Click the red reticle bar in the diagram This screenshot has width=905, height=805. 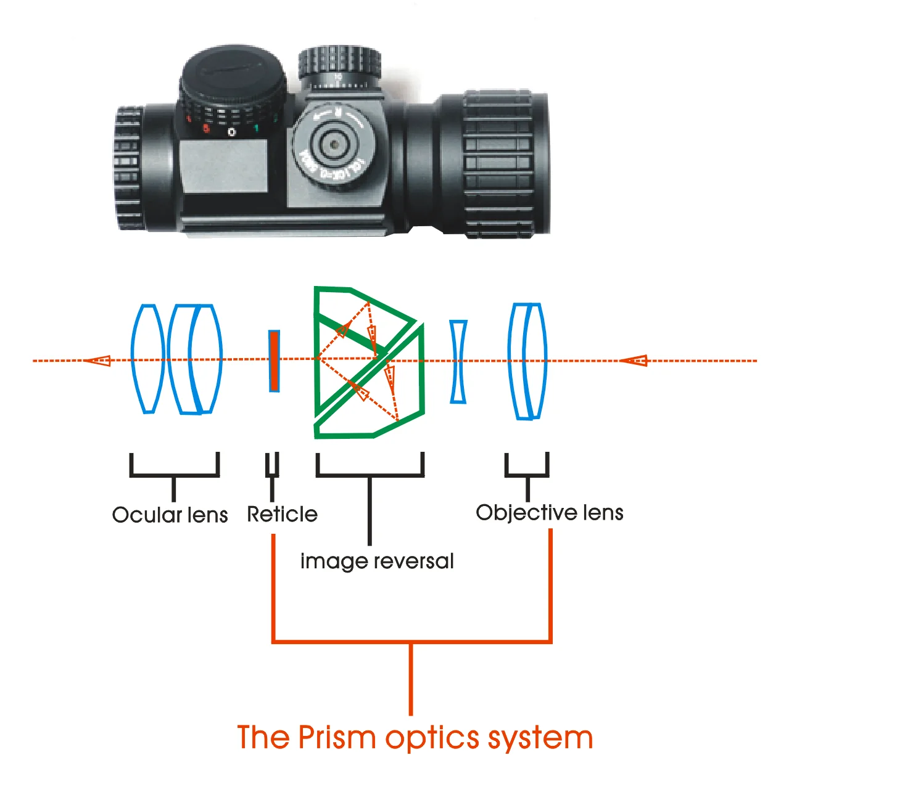click(274, 361)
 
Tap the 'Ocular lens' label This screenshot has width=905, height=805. click(170, 515)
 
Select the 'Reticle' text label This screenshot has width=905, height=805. click(282, 514)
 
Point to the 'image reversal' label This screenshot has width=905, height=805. click(376, 561)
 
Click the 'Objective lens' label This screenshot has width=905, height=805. click(549, 512)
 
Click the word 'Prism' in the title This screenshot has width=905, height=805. click(337, 737)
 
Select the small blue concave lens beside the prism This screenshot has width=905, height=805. click(458, 362)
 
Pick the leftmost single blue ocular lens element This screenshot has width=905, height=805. click(147, 359)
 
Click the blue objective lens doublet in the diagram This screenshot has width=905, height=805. click(527, 361)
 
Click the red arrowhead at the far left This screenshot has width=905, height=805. click(98, 360)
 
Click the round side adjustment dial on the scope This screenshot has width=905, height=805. click(333, 145)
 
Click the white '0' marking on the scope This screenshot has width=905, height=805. click(232, 132)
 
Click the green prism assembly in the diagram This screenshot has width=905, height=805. click(369, 362)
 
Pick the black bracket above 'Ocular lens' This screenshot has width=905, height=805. click(175, 468)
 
